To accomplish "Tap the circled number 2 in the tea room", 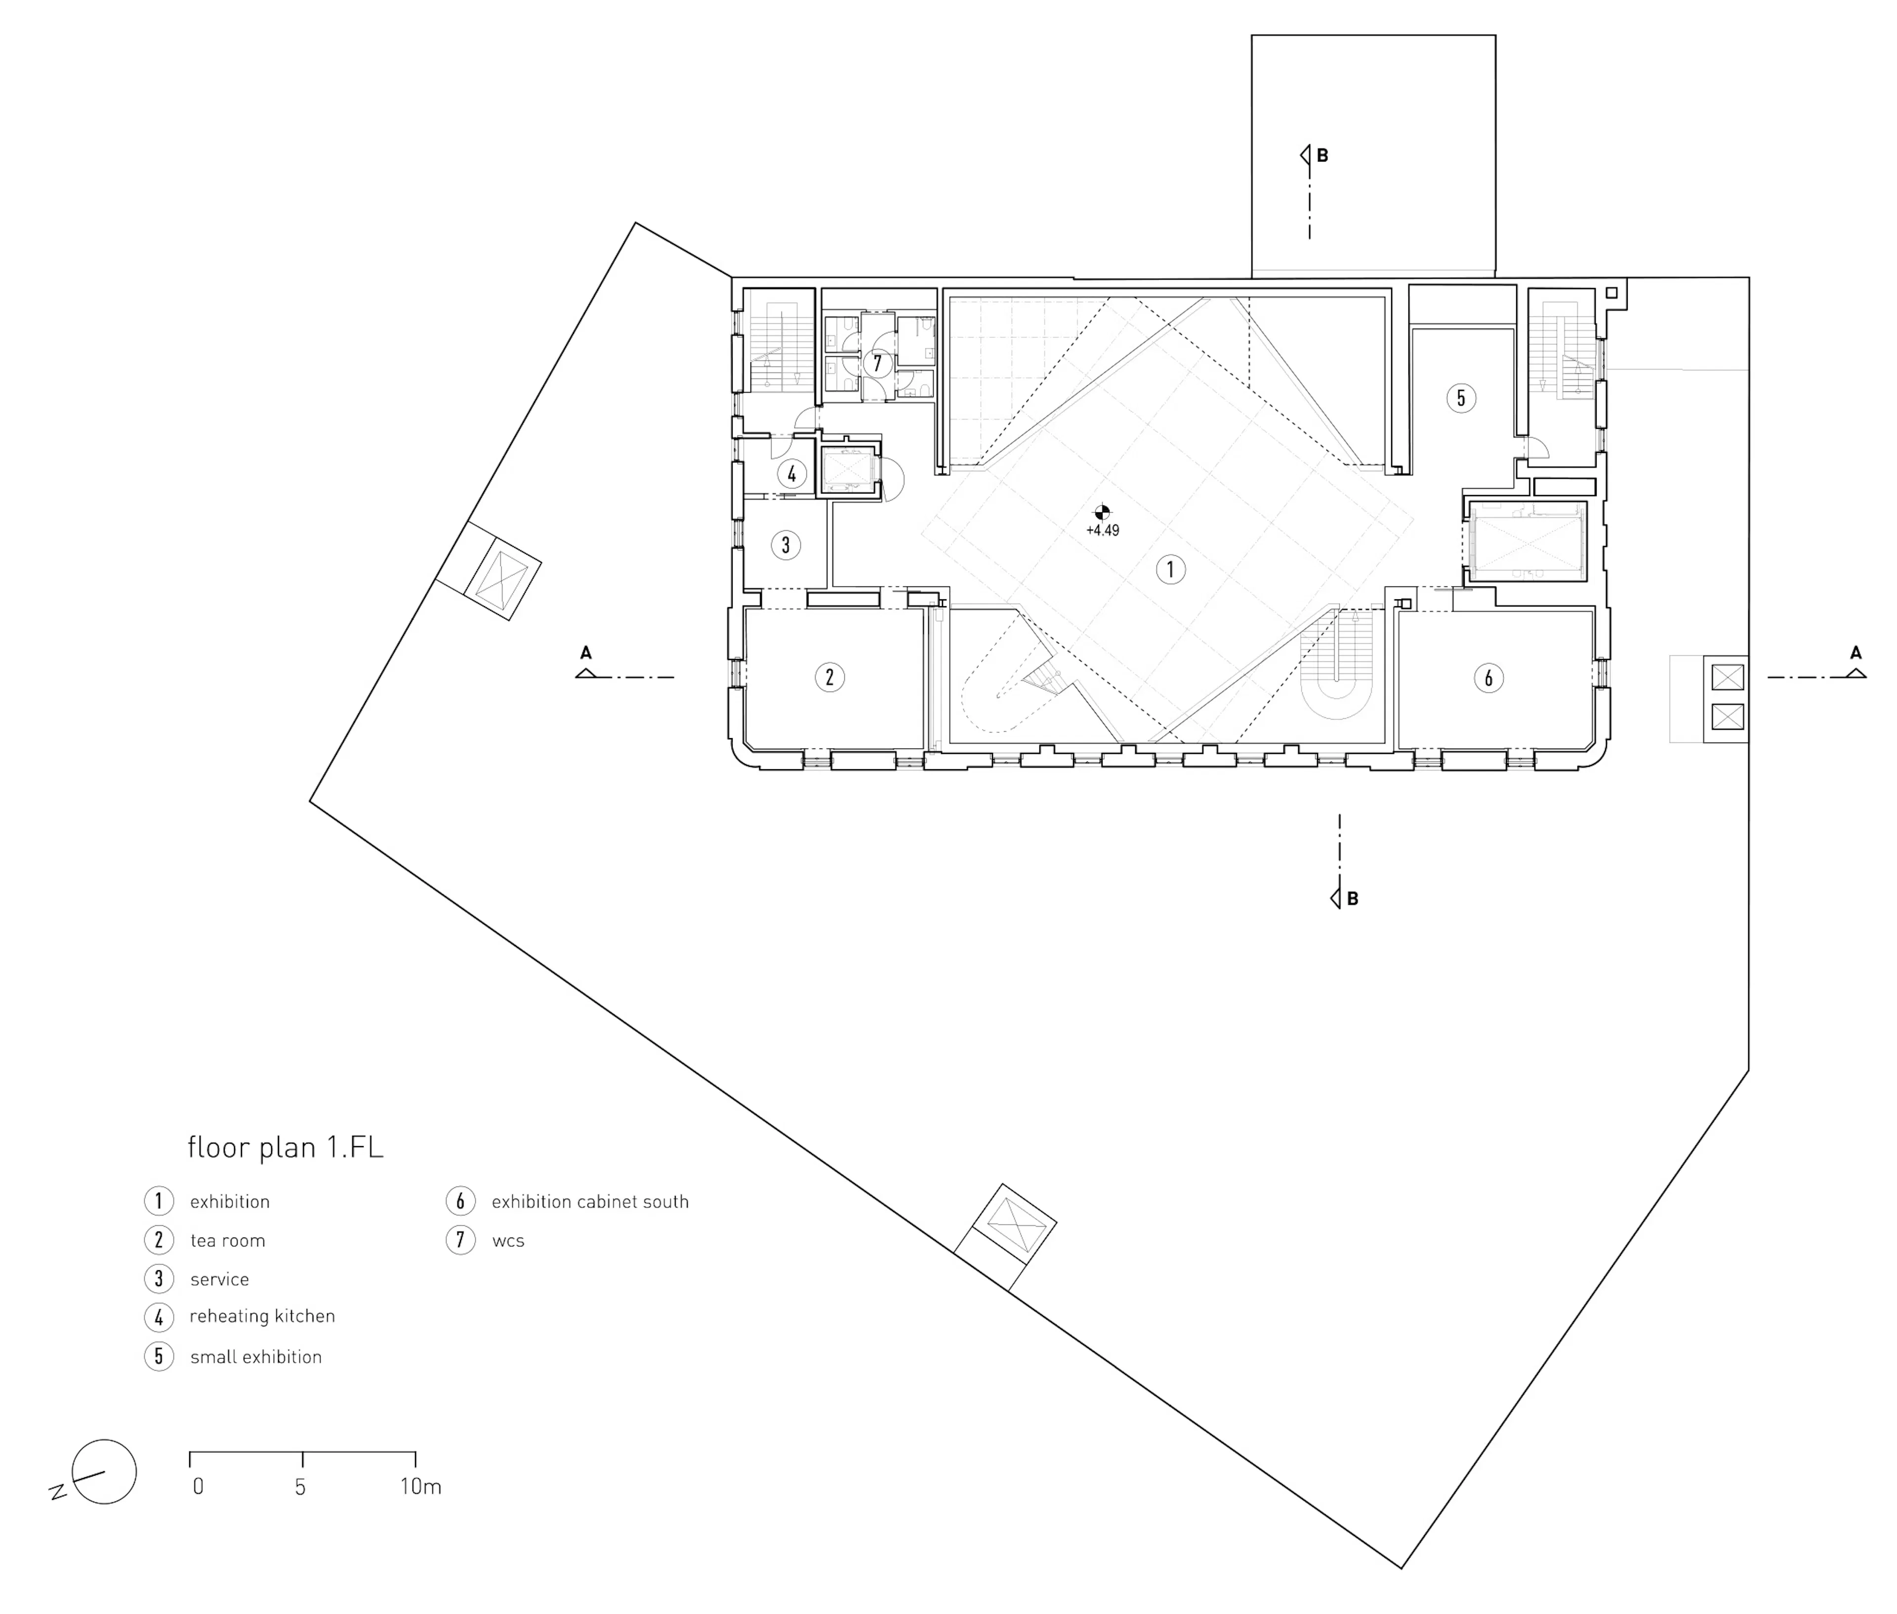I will [x=829, y=677].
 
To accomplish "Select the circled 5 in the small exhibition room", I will [x=1460, y=398].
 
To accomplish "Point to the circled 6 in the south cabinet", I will [x=1488, y=678].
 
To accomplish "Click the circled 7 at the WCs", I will [x=877, y=363].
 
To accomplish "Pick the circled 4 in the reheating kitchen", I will [x=791, y=474].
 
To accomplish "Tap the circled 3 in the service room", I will [x=785, y=545].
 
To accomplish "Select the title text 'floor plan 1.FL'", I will [x=285, y=1147].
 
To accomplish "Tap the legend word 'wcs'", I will [x=508, y=1241].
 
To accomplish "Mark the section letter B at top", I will [x=1321, y=156].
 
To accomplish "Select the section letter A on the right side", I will [x=1855, y=653].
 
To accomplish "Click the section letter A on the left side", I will [x=586, y=653].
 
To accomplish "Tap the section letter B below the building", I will [x=1352, y=899].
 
